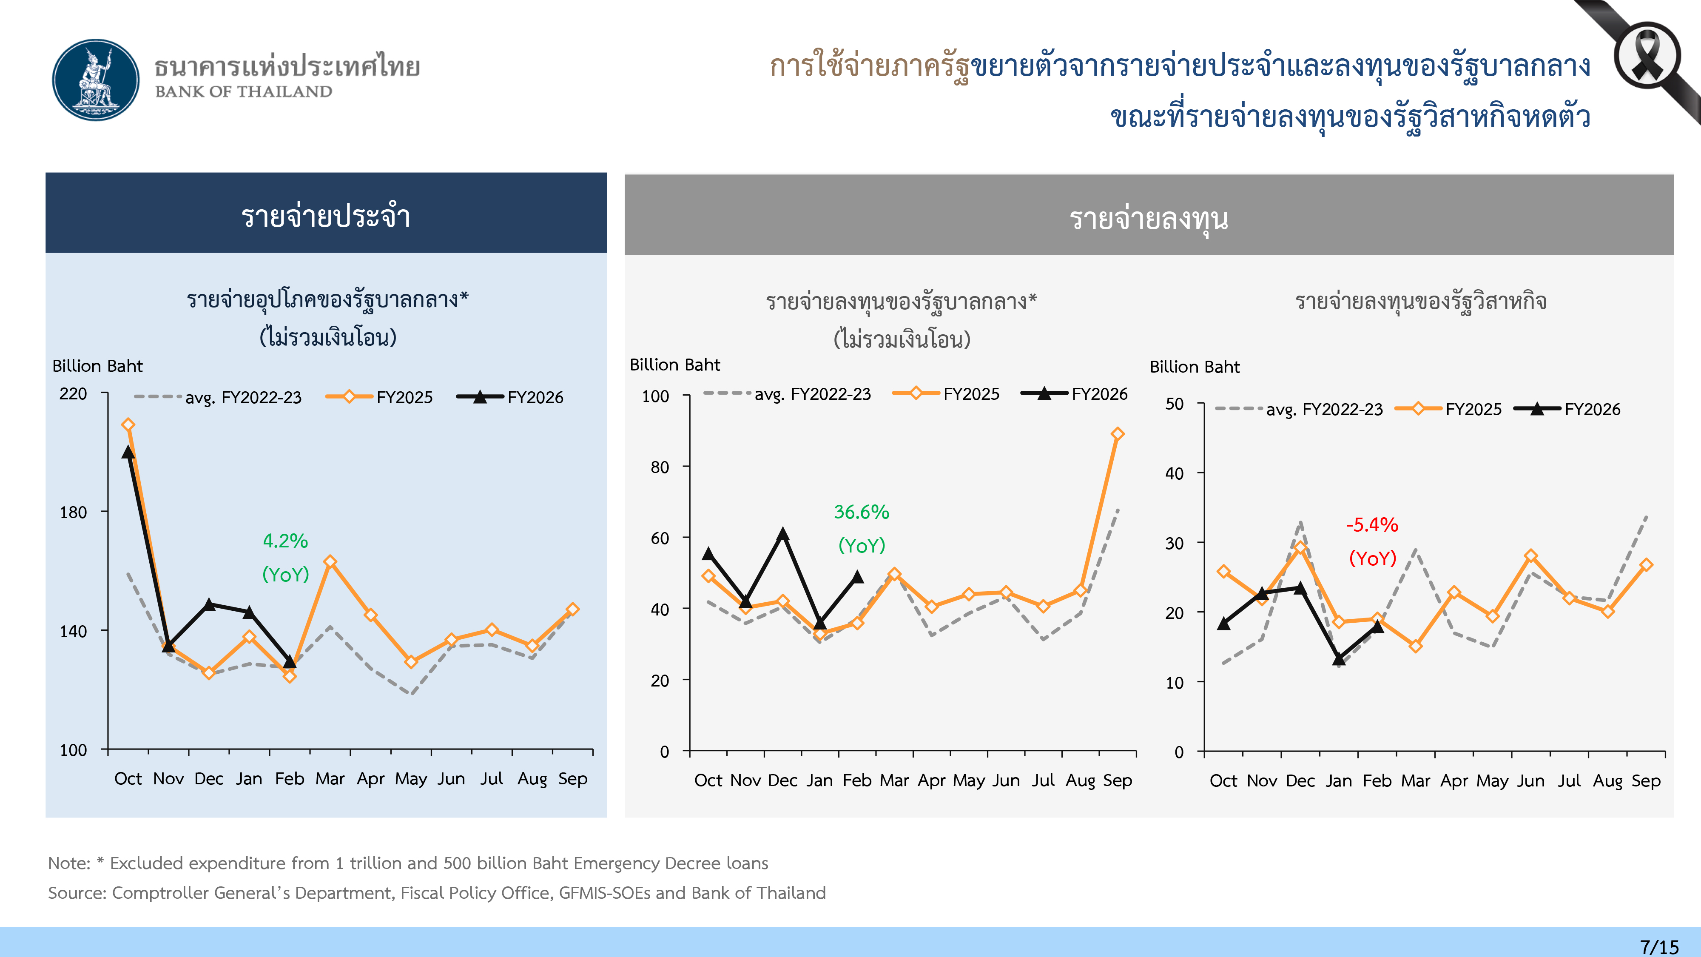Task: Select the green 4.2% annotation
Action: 285,541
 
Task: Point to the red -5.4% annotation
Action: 1372,525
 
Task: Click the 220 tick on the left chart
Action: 73,394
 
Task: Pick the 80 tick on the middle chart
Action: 660,467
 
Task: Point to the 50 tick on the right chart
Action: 1174,404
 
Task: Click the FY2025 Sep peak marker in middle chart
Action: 1117,434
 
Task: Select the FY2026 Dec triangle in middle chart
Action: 782,534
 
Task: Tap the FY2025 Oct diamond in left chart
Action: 128,424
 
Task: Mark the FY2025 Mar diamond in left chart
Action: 330,561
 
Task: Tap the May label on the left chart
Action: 411,779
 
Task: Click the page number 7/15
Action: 1659,946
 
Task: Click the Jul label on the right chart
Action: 1569,780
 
